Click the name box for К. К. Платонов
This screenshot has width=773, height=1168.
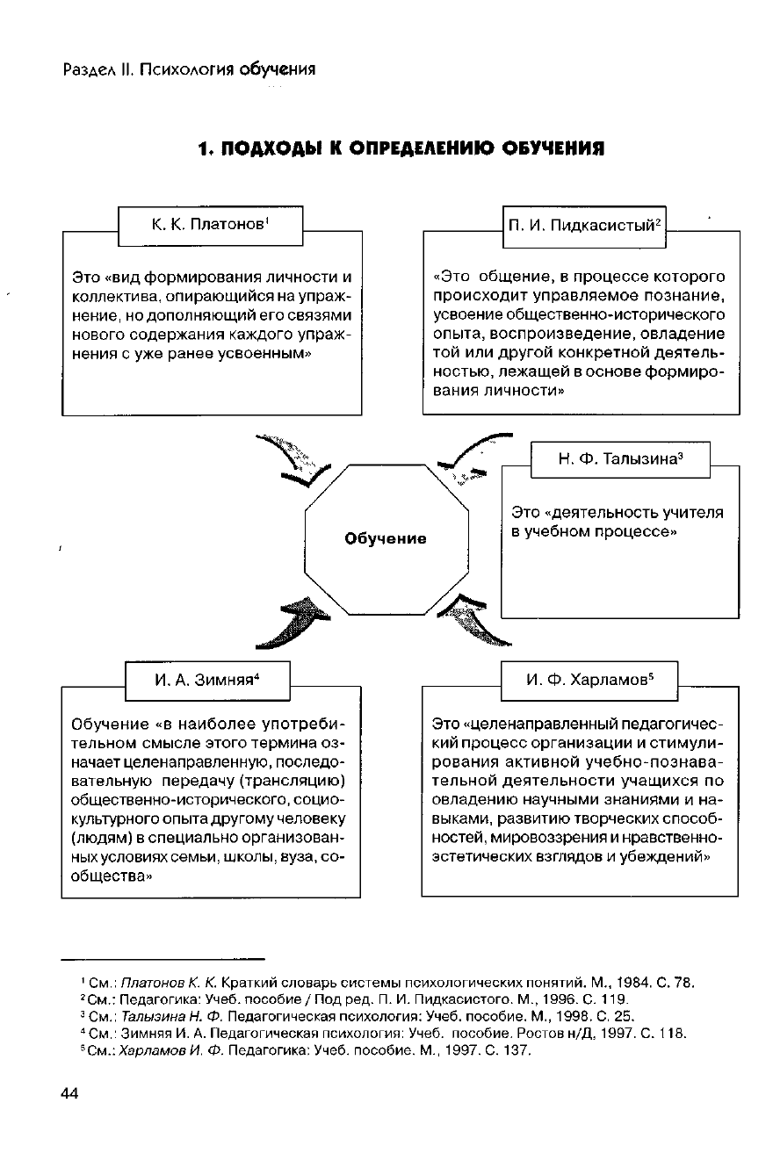(x=210, y=225)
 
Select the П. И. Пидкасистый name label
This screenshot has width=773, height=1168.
(x=583, y=227)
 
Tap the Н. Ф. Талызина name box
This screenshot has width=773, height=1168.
(x=620, y=458)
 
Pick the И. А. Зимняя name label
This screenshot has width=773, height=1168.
(x=209, y=680)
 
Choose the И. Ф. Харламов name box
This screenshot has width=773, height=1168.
(x=589, y=680)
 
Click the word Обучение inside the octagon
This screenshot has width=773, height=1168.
(x=386, y=538)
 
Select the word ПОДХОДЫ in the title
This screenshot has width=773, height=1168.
(x=267, y=149)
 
